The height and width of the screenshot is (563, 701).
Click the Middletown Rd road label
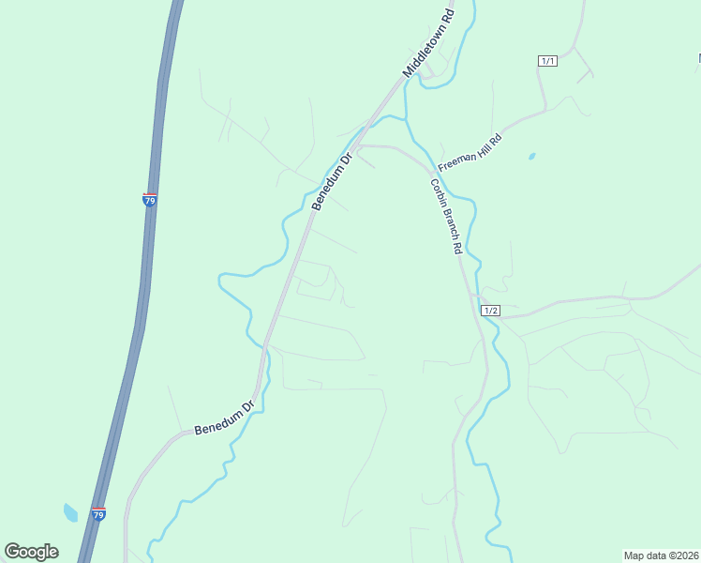428,44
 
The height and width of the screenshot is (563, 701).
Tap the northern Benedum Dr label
331,182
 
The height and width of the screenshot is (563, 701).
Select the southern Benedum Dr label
225,418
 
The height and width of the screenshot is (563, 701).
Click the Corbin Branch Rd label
447,217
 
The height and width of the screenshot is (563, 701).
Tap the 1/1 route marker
548,61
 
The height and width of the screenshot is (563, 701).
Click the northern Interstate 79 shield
149,199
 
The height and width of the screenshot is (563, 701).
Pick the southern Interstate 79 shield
99,513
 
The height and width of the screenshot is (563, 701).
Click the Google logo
31,552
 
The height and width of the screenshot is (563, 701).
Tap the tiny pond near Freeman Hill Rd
532,156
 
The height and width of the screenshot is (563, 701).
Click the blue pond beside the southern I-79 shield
70,512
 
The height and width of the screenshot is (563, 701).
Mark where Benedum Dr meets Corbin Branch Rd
359,145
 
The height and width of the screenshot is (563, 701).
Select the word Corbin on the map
439,193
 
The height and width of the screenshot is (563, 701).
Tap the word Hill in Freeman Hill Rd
485,145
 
